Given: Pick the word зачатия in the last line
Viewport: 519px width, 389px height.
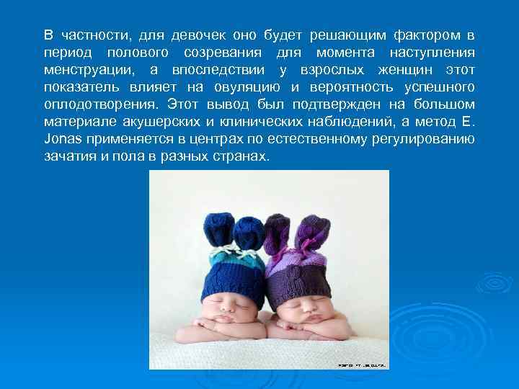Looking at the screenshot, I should click(68, 156).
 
